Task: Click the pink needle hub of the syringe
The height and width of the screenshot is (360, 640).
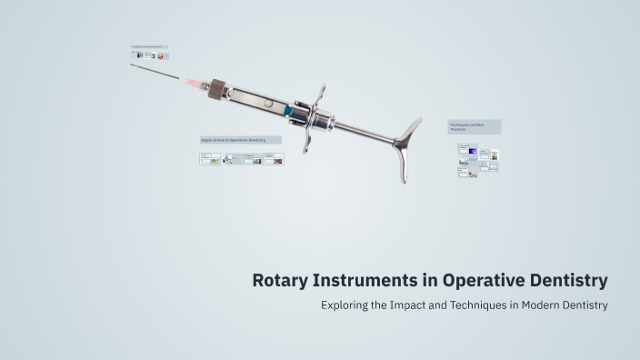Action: pyautogui.click(x=193, y=82)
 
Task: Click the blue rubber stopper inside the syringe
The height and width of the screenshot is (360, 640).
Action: pyautogui.click(x=288, y=109)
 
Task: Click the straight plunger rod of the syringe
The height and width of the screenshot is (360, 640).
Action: pyautogui.click(x=364, y=134)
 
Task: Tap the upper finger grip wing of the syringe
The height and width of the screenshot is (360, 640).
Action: pyautogui.click(x=320, y=92)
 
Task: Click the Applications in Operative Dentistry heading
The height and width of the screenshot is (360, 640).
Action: pyautogui.click(x=241, y=140)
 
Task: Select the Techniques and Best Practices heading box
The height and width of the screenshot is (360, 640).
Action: pyautogui.click(x=474, y=127)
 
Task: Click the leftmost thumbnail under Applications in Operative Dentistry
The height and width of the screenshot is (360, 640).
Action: pyautogui.click(x=210, y=159)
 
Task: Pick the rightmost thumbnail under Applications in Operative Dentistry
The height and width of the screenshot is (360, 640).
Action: pyautogui.click(x=274, y=159)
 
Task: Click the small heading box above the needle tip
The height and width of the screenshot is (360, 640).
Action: pyautogui.click(x=149, y=46)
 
